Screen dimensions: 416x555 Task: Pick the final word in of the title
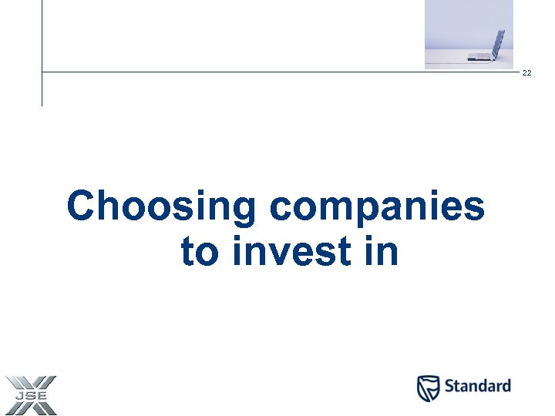382,252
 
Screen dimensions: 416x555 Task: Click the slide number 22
527,73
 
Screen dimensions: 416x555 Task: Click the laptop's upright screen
498,42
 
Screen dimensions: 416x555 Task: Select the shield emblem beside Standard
429,387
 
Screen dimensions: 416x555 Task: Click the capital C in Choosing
82,206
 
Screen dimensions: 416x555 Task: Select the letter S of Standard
449,386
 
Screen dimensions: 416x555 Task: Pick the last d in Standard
505,386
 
